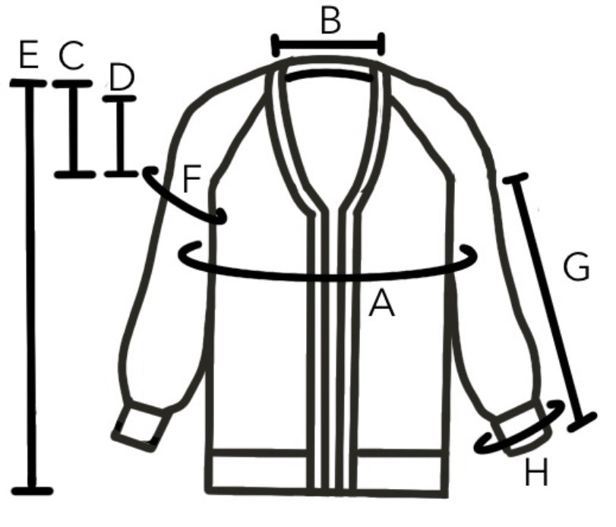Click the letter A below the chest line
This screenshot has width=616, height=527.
pyautogui.click(x=382, y=303)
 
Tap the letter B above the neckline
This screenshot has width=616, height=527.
pyautogui.click(x=330, y=21)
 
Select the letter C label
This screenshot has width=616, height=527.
pyautogui.click(x=71, y=55)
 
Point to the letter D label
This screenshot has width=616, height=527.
pyautogui.click(x=122, y=77)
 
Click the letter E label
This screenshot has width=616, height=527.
pyautogui.click(x=29, y=54)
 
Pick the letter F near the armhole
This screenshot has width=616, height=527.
pyautogui.click(x=192, y=178)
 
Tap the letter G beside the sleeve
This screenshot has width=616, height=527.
pyautogui.click(x=577, y=267)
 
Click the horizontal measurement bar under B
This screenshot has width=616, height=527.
pyautogui.click(x=328, y=45)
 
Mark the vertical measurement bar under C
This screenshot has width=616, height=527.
pyautogui.click(x=74, y=129)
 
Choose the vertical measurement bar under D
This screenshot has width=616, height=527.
pyautogui.click(x=121, y=136)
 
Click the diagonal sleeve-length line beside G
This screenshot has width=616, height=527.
pyautogui.click(x=550, y=301)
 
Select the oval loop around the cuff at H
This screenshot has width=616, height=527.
pyautogui.click(x=520, y=428)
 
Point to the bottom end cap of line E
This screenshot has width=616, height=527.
pyautogui.click(x=32, y=491)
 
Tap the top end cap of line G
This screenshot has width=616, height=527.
pyautogui.click(x=516, y=178)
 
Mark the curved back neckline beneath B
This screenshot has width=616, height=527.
pyautogui.click(x=328, y=75)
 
